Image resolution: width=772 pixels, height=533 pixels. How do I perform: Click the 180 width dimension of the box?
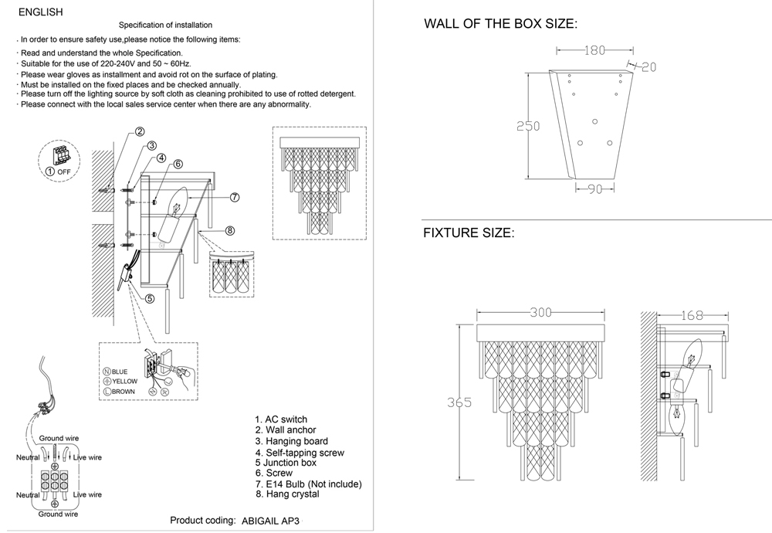coord(593,51)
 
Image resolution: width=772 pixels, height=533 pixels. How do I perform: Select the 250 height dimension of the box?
coord(528,127)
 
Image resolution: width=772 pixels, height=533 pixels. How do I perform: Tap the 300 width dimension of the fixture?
coord(540,314)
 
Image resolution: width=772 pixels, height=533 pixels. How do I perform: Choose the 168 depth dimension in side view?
coord(694,315)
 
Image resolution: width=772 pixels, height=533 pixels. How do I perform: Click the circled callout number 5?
coord(149,298)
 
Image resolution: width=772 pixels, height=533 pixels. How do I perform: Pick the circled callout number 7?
coord(235,197)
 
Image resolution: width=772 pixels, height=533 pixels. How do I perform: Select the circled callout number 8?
coord(229,230)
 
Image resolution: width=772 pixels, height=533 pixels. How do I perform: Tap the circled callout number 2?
coord(140,131)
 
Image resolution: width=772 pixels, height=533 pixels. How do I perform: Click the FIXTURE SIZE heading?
coord(468,233)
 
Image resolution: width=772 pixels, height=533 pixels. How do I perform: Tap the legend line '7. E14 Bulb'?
coord(308,484)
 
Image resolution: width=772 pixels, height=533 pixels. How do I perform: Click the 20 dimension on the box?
coord(648,67)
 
